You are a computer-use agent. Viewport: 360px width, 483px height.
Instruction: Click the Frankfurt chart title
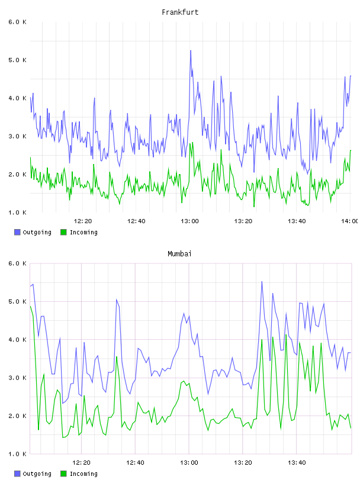pyautogui.click(x=180, y=12)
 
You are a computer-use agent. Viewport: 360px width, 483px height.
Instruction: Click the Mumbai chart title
pyautogui.click(x=179, y=254)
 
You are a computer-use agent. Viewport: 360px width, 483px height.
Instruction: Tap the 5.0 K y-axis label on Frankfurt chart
pyautogui.click(x=17, y=60)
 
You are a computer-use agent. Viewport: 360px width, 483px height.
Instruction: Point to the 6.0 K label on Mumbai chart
pyautogui.click(x=17, y=263)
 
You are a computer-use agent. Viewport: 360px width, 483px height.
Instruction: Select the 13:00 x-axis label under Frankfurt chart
pyautogui.click(x=189, y=221)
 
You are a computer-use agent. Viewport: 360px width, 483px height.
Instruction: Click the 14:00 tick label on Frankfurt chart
pyautogui.click(x=350, y=221)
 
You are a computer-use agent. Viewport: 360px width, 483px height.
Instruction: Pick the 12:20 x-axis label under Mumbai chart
pyautogui.click(x=81, y=463)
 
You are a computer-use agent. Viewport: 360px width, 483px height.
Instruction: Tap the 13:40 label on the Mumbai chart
pyautogui.click(x=297, y=463)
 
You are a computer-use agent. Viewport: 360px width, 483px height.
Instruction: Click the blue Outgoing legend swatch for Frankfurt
pyautogui.click(x=17, y=232)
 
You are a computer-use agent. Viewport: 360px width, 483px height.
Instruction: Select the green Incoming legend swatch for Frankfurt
pyautogui.click(x=63, y=232)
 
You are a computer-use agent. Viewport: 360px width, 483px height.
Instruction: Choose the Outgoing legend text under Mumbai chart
pyautogui.click(x=37, y=474)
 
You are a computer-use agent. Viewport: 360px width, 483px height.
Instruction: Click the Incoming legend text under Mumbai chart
pyautogui.click(x=83, y=474)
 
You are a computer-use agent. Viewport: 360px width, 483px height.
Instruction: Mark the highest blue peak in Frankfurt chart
pyautogui.click(x=191, y=50)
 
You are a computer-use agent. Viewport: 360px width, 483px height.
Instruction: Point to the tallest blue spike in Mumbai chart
pyautogui.click(x=262, y=282)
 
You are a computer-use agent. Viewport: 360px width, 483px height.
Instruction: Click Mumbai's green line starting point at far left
pyautogui.click(x=31, y=306)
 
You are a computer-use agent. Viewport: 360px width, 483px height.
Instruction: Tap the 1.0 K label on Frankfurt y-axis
pyautogui.click(x=17, y=212)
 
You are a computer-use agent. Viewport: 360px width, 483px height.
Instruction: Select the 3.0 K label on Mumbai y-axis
pyautogui.click(x=17, y=378)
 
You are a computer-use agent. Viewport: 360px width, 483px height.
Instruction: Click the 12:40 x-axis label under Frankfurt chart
pyautogui.click(x=136, y=221)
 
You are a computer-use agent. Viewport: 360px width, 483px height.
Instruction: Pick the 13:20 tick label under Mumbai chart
pyautogui.click(x=243, y=463)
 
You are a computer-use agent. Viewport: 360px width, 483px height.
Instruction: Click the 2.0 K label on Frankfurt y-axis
pyautogui.click(x=17, y=175)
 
